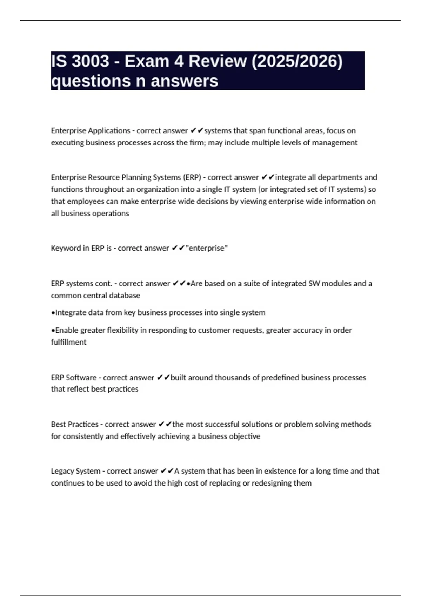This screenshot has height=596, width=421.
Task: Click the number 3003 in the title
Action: (x=91, y=62)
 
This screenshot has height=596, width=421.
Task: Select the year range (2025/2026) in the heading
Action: (x=297, y=62)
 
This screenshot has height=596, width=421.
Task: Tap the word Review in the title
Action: (x=218, y=62)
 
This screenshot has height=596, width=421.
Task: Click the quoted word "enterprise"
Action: (x=207, y=248)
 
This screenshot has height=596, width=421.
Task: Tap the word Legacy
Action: (x=62, y=471)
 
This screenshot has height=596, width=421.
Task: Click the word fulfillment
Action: (x=68, y=342)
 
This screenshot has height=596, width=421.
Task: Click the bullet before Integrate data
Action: (x=53, y=313)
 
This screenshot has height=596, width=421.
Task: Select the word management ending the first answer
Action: (x=335, y=143)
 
